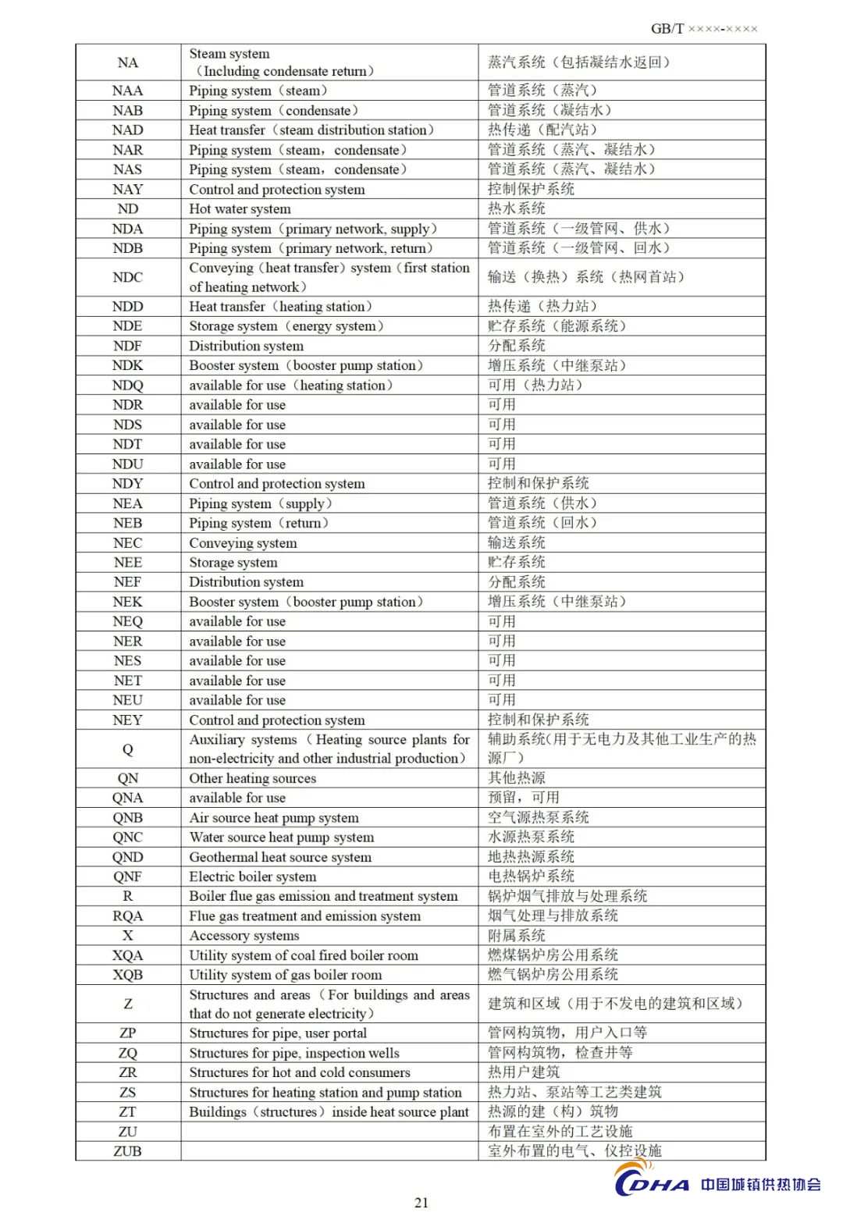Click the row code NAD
[127, 130]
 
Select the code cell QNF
[127, 876]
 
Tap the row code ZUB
[127, 1151]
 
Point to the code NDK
[127, 365]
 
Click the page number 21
[421, 1203]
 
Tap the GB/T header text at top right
[703, 29]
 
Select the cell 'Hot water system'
[240, 209]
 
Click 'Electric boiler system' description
[252, 876]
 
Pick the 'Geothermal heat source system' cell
[280, 857]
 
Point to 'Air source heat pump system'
[274, 818]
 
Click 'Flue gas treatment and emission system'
[304, 916]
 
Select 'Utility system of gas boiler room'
[285, 975]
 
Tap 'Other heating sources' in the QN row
[252, 778]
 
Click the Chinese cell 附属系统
[516, 936]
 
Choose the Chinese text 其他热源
[516, 778]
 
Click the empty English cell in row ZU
[329, 1132]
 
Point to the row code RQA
[127, 916]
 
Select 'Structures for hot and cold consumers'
[299, 1072]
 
